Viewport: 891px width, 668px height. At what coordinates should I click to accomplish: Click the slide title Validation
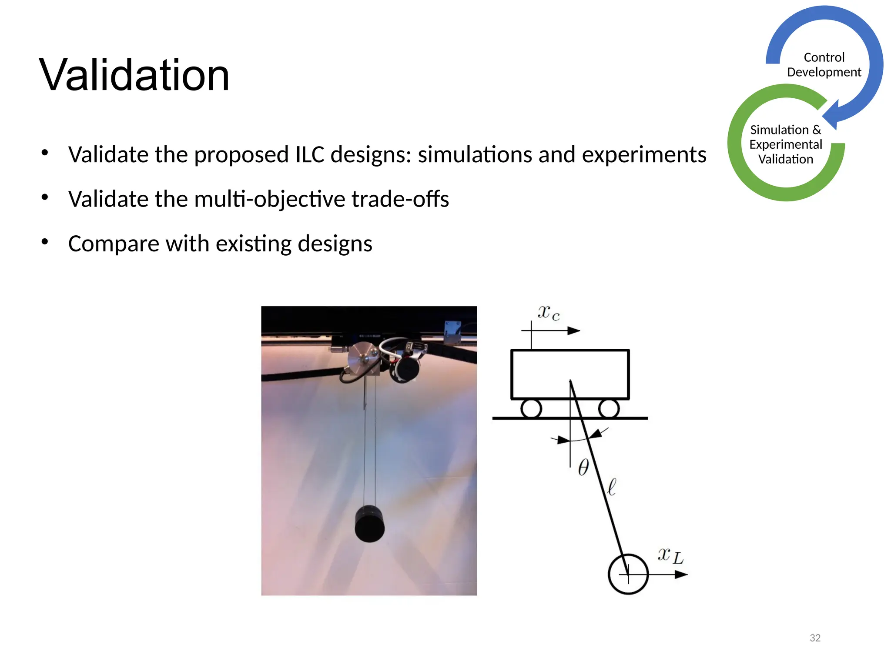click(x=134, y=75)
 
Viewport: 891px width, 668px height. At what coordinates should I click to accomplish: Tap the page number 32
click(x=815, y=638)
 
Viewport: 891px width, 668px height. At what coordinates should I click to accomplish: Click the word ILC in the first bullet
click(x=310, y=154)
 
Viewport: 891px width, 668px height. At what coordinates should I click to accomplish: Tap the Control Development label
click(x=824, y=65)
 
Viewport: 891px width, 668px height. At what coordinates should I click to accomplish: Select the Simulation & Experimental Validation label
click(x=786, y=144)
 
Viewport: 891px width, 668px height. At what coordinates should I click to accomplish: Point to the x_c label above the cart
click(x=549, y=313)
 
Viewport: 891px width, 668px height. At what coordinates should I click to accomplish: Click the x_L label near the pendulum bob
click(x=670, y=555)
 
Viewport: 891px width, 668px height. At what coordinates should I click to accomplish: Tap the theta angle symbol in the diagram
click(x=583, y=467)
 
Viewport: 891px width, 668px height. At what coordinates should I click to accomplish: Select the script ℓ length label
click(x=612, y=487)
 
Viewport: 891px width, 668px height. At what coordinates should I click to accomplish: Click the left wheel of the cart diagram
click(x=531, y=409)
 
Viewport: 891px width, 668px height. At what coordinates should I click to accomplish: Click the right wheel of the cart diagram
click(x=609, y=409)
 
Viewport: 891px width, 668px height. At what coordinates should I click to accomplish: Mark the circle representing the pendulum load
click(x=628, y=574)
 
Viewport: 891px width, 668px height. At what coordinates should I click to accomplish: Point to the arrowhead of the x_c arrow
click(x=574, y=331)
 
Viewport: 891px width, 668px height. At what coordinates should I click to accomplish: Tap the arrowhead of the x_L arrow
click(x=681, y=574)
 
